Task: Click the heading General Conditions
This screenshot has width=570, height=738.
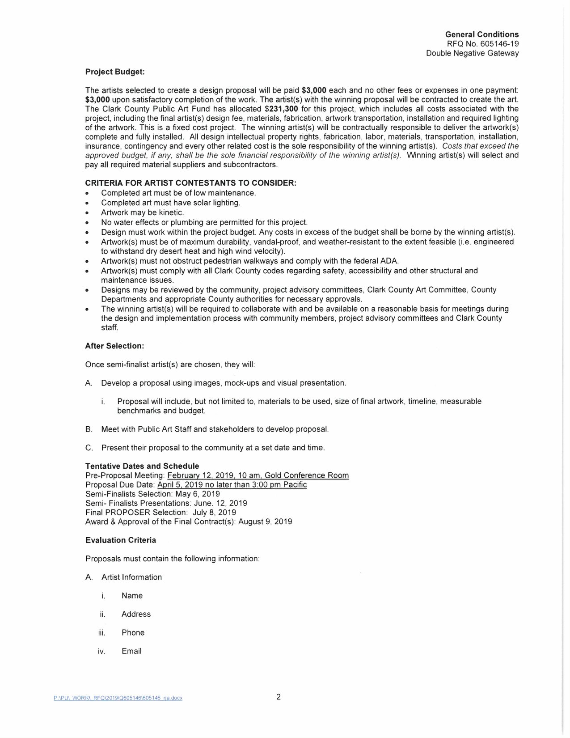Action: (482, 34)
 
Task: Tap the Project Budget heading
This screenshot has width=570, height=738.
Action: (115, 72)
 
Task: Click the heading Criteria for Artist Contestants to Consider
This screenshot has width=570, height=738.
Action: (190, 183)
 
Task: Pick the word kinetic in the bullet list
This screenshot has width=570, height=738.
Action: (171, 212)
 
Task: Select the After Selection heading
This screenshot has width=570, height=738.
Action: (114, 346)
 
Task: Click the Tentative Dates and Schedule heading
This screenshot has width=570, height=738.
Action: (142, 466)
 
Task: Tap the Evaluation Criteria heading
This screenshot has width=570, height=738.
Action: (121, 540)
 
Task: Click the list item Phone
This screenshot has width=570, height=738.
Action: (133, 632)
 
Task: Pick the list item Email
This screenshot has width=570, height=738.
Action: (131, 651)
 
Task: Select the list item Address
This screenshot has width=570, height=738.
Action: (136, 614)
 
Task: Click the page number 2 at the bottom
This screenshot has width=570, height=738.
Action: (279, 697)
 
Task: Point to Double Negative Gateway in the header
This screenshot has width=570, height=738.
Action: (472, 53)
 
